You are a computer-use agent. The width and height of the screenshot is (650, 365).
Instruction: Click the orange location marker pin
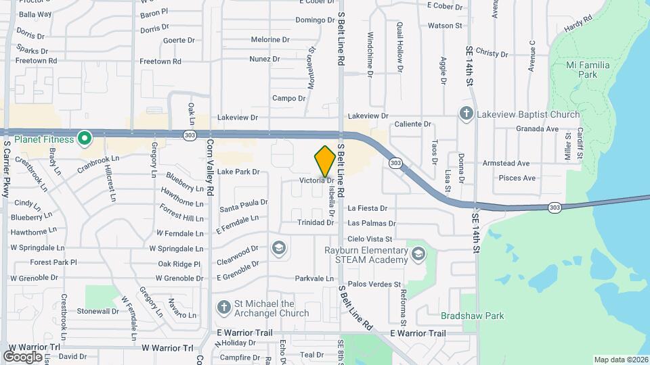pos(325,162)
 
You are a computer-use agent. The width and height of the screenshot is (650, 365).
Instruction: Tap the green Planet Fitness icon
pos(85,139)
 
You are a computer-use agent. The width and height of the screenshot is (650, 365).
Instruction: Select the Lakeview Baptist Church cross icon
pos(467,114)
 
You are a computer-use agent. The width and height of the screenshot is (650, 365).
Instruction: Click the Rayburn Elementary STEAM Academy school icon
pos(419,254)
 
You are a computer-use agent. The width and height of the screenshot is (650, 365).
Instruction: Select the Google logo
pos(23,356)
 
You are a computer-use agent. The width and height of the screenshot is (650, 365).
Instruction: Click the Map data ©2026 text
pos(621,360)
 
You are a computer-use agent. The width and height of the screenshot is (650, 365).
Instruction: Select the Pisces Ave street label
pos(517,178)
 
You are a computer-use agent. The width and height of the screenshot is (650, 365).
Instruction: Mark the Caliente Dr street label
pos(413,124)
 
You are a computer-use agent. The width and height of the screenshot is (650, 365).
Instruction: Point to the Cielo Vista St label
pos(370,239)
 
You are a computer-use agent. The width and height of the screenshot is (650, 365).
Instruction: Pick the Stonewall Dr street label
pos(97,312)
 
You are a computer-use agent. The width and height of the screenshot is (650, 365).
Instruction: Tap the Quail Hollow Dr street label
pos(400,46)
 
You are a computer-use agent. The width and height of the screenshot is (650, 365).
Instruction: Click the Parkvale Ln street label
pos(314,278)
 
